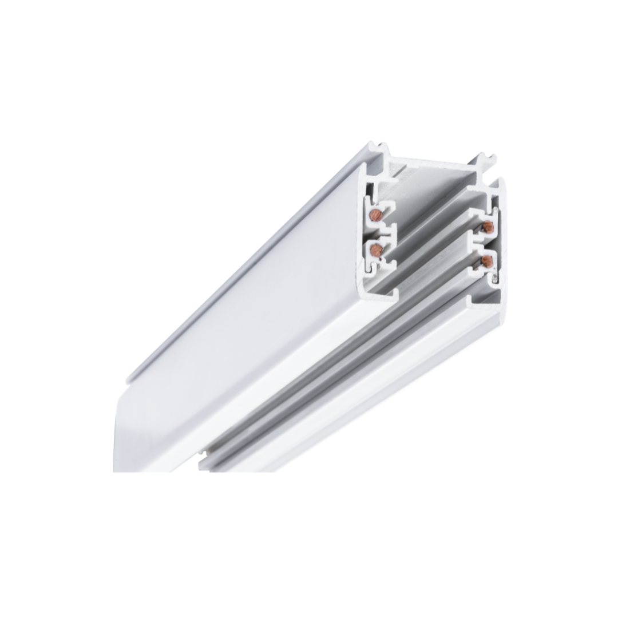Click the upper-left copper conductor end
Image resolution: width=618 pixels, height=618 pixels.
pos(376,215)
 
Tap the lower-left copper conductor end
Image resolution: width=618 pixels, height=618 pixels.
pos(376,248)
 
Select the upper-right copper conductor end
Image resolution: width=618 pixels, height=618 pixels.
pos(487,227)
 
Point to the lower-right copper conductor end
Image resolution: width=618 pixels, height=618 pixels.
pos(487,261)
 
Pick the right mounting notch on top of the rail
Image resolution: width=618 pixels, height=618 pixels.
pos(486,160)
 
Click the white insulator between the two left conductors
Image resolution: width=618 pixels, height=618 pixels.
pos(380,232)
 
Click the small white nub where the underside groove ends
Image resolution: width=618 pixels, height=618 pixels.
pos(203,458)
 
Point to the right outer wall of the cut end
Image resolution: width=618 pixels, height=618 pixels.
pos(499,240)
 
